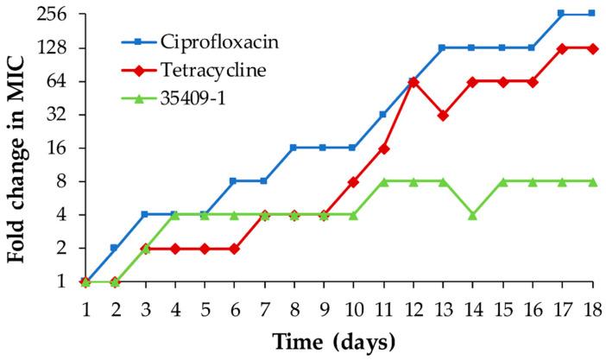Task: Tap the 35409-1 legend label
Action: click(190, 97)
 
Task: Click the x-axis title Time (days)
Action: click(334, 342)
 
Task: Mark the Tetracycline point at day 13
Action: click(442, 115)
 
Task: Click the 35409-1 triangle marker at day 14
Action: click(472, 215)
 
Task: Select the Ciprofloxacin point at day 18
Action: click(591, 14)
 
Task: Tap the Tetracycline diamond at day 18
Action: click(591, 48)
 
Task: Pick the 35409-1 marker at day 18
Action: click(591, 181)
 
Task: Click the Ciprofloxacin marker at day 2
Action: click(115, 248)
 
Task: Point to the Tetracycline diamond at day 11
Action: click(382, 148)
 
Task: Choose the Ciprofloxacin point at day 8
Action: click(294, 148)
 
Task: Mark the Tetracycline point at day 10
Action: click(353, 181)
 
